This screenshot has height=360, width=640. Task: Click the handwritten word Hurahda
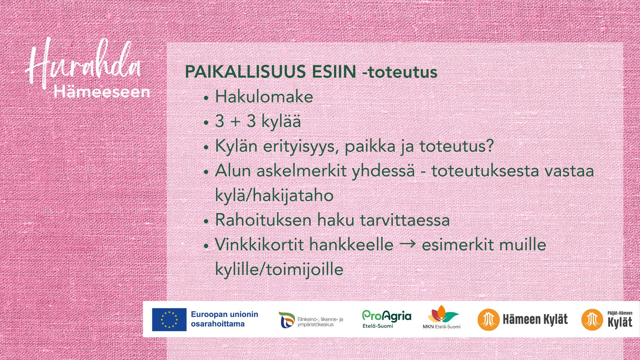click(x=83, y=63)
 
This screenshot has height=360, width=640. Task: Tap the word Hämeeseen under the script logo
click(x=102, y=92)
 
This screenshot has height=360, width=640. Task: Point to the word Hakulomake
click(x=264, y=97)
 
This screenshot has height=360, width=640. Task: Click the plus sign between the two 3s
click(x=235, y=122)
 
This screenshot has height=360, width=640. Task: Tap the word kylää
click(x=281, y=121)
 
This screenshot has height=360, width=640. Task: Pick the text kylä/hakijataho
click(x=274, y=195)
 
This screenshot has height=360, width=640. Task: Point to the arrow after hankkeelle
click(x=407, y=244)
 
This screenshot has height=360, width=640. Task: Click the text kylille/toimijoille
click(x=279, y=269)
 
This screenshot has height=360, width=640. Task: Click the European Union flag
click(x=169, y=319)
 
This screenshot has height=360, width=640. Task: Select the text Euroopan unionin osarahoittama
click(x=224, y=319)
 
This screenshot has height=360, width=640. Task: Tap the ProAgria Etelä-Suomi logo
click(x=387, y=319)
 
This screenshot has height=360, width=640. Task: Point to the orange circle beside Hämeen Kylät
click(x=488, y=320)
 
